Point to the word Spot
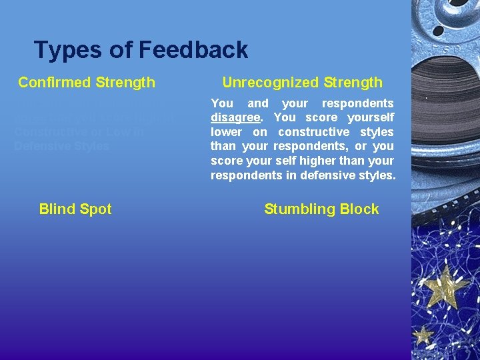pyautogui.click(x=95, y=209)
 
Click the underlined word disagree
pyautogui.click(x=233, y=118)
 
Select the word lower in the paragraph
pyautogui.click(x=225, y=132)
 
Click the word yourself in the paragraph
pyautogui.click(x=371, y=118)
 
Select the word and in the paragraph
pyautogui.click(x=258, y=103)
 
